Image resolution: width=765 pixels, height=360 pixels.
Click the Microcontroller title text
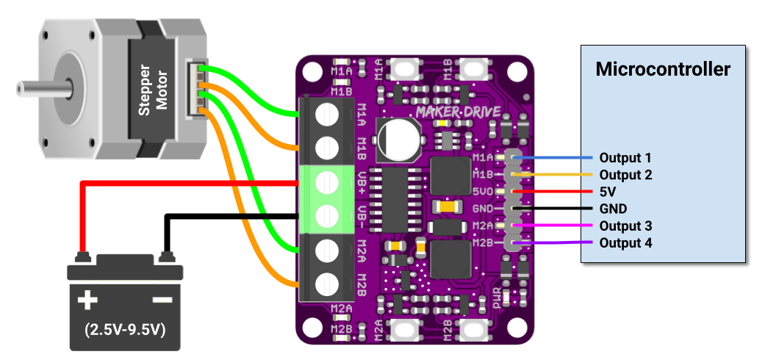coord(663,69)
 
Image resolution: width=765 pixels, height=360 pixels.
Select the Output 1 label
coord(625,158)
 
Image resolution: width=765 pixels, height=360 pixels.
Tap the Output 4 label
coord(625,243)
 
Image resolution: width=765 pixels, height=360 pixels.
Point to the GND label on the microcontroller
coord(613,209)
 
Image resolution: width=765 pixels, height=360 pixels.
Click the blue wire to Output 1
coord(559,158)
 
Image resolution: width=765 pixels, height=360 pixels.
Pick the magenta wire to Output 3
coord(559,226)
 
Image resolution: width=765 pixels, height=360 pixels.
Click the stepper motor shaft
coord(40,88)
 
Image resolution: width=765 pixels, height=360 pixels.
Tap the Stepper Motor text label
coord(153,92)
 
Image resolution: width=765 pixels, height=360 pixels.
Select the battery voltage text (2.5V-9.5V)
coord(124,329)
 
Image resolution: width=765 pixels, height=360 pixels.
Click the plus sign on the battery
coord(87,300)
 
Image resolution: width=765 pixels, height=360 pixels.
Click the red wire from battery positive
coord(184,183)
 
